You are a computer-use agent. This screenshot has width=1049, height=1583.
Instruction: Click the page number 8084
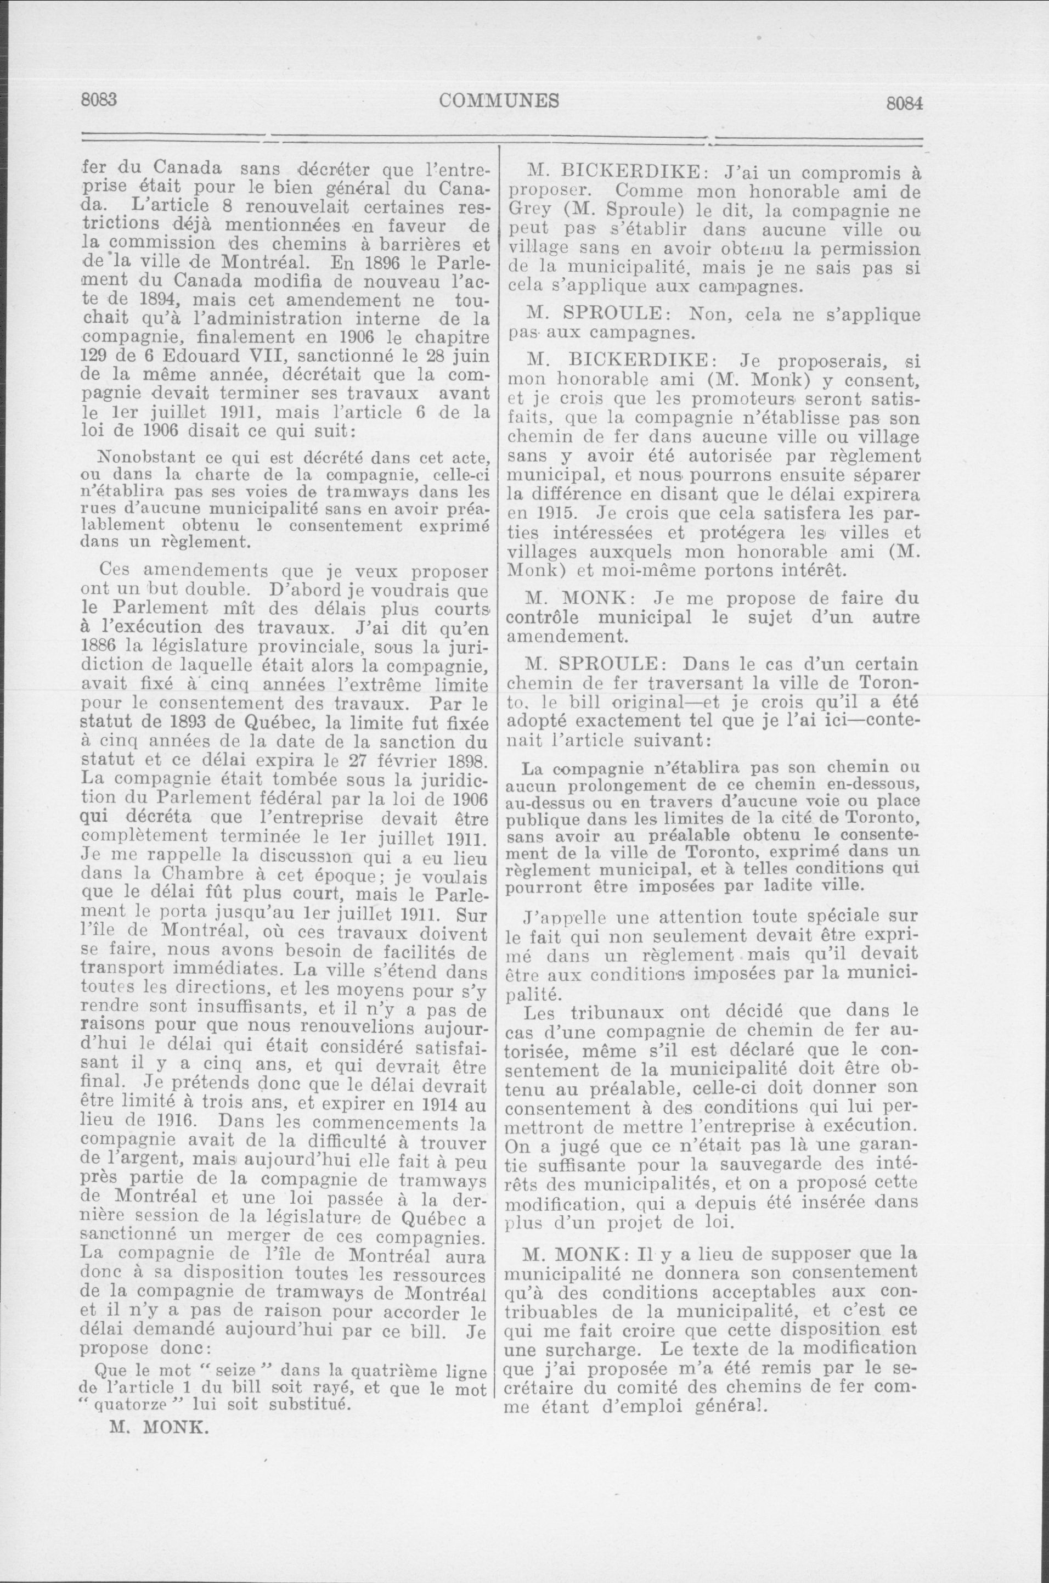coord(904,104)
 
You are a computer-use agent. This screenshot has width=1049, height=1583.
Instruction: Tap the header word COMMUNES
coord(500,100)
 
